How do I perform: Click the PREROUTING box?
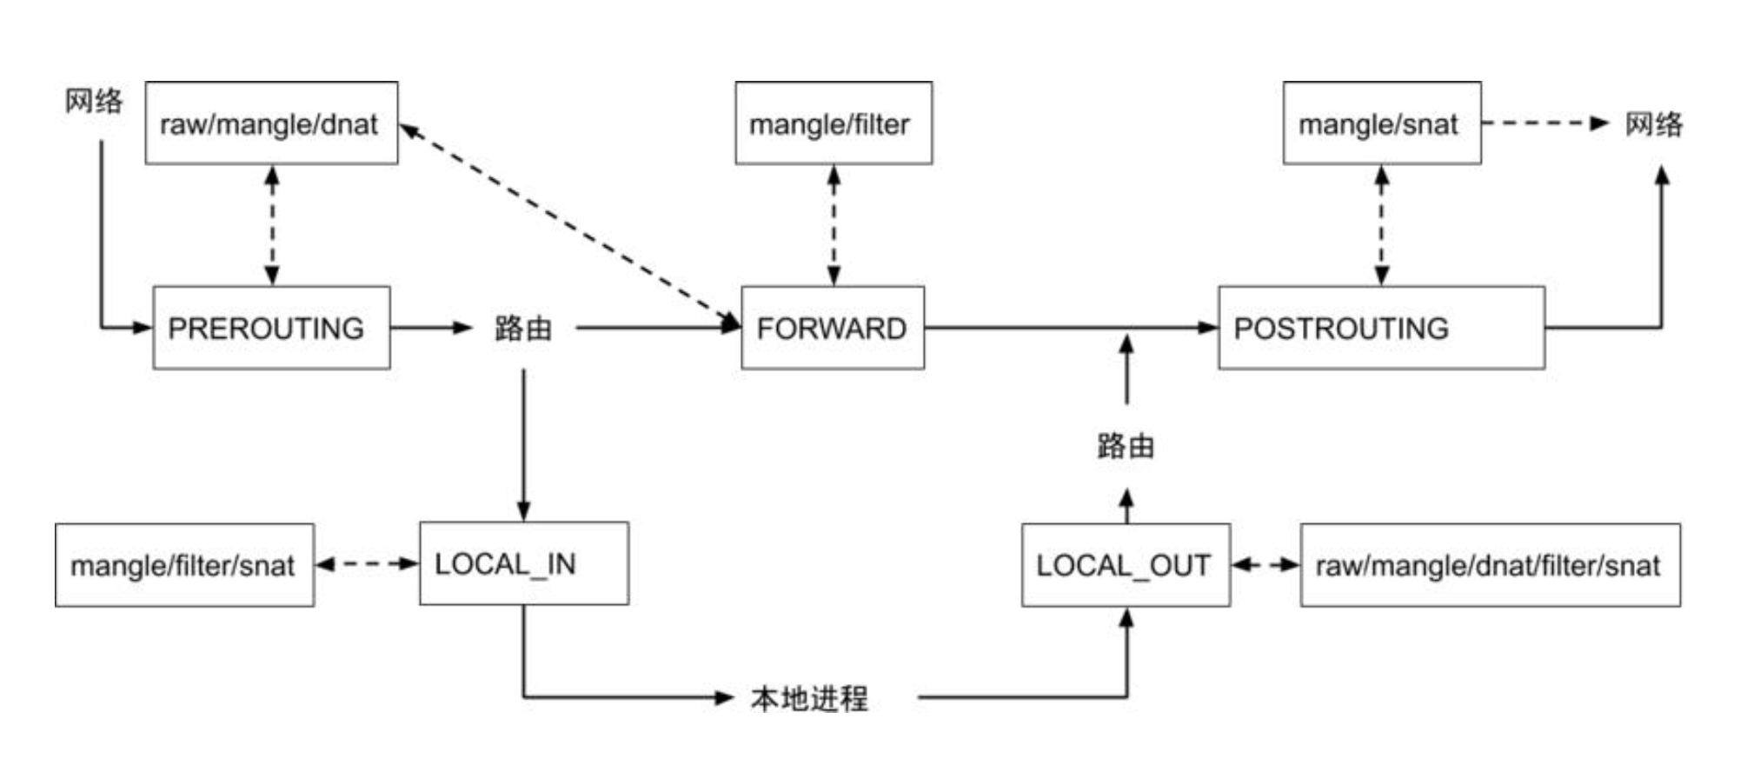coord(271,328)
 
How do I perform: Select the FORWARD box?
coord(832,328)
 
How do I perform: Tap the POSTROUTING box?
coord(1380,328)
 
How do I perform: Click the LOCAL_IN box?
coord(523,563)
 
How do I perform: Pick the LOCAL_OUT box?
coord(1125,565)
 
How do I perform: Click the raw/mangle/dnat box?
coord(271,123)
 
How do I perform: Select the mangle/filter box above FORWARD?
coord(833,123)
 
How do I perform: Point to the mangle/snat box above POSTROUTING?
coord(1381,123)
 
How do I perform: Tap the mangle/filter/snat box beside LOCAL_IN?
coord(184,565)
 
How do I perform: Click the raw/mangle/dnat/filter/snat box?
coord(1489,565)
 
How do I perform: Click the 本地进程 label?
coord(808,698)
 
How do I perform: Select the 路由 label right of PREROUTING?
coord(523,329)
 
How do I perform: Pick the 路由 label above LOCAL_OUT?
coord(1126,446)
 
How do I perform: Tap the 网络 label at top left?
coord(94,101)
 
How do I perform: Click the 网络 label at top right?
coord(1653,123)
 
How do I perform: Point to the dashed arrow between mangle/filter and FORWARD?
coord(834,225)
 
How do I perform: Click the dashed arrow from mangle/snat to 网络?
coord(1543,123)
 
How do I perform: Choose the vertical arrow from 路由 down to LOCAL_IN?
coord(523,443)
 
